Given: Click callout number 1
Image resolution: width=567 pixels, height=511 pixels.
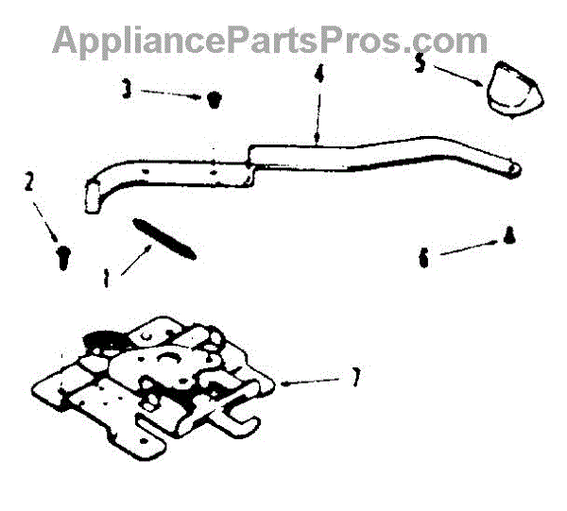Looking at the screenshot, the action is [107, 279].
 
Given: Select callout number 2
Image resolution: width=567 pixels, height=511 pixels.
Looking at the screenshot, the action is [29, 180].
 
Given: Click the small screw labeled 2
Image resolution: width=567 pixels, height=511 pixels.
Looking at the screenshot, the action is [62, 256].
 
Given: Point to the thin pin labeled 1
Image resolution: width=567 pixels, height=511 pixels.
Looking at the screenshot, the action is [164, 236].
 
